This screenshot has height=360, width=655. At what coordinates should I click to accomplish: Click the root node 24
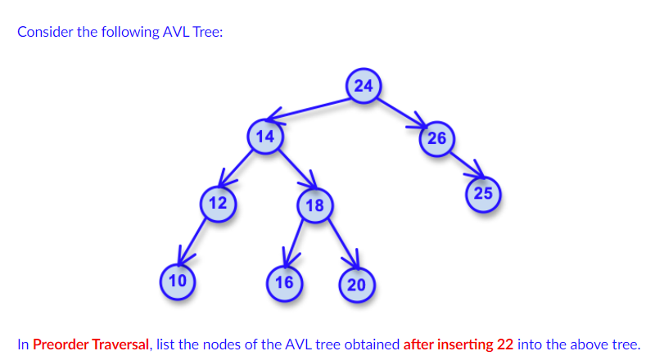[364, 86]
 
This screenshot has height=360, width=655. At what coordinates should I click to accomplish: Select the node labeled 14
[264, 137]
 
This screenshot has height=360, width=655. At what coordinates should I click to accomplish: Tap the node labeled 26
[436, 137]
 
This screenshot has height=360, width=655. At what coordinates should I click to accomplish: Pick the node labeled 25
[483, 194]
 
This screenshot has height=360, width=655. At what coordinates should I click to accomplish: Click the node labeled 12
[219, 203]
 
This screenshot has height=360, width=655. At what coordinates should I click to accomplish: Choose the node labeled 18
[315, 205]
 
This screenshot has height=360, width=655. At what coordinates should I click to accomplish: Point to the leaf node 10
[177, 281]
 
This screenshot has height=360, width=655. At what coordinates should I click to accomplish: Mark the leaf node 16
[284, 283]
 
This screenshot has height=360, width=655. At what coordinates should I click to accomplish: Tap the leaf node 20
[356, 285]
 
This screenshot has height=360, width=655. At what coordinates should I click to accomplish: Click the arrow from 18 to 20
[339, 245]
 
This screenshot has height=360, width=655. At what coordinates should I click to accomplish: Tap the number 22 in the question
[505, 344]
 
